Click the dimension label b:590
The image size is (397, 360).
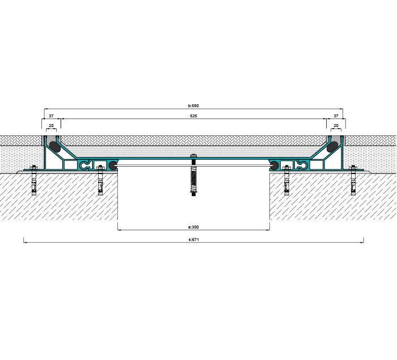[193, 105]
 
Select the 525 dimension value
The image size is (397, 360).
[193, 116]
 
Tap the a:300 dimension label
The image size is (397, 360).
[193, 227]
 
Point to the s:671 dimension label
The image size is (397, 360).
[194, 239]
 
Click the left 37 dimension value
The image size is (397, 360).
[51, 116]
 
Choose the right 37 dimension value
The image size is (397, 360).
[336, 116]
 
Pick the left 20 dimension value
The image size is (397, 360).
[51, 125]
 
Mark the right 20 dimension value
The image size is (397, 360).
[336, 125]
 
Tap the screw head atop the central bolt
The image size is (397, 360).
[193, 155]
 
